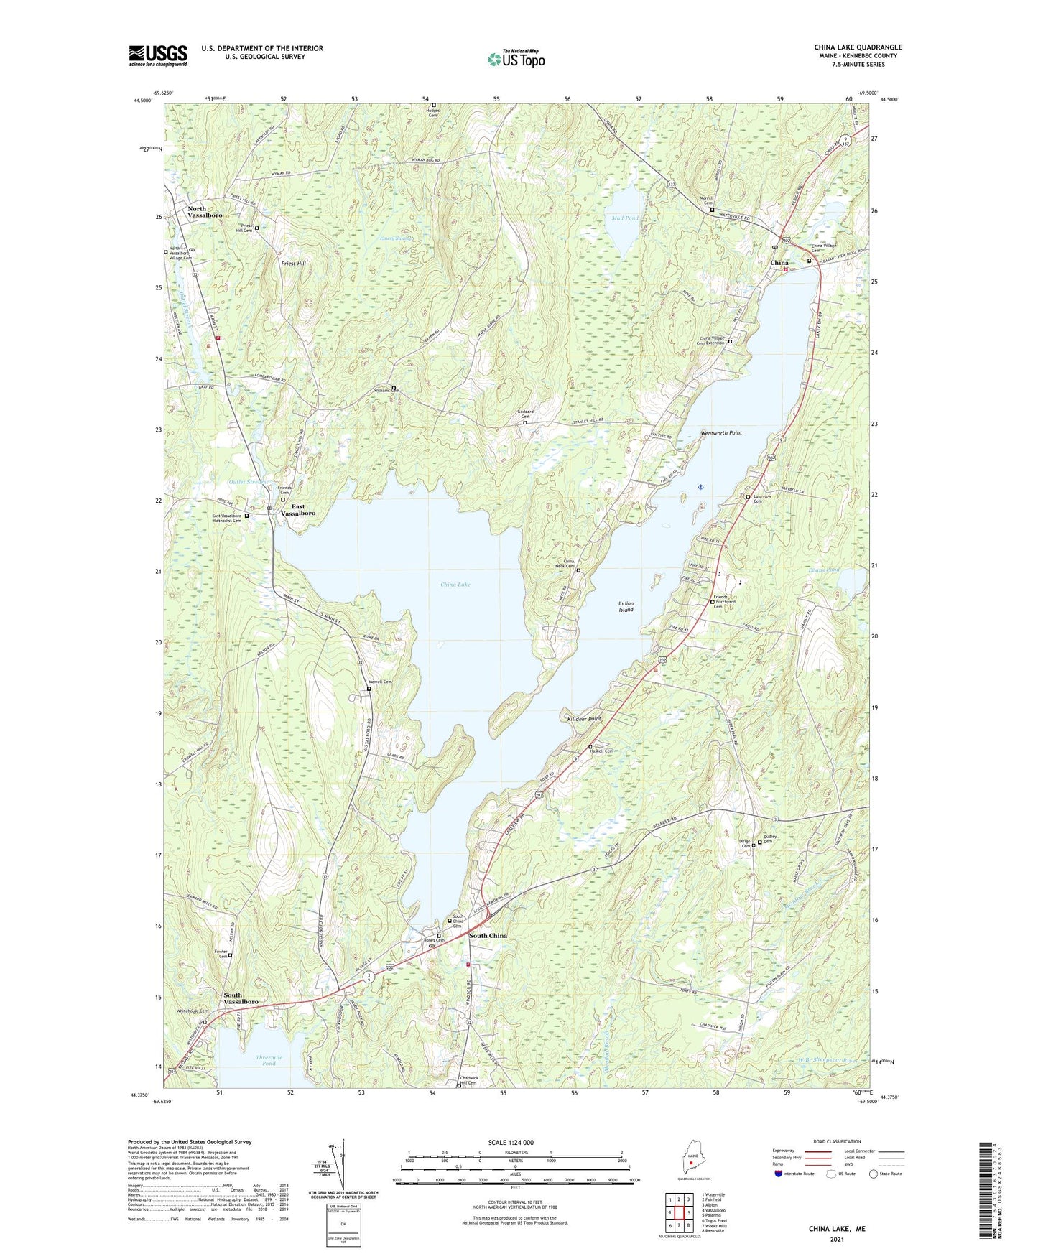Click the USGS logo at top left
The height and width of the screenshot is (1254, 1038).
(158, 55)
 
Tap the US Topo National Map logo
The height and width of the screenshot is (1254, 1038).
(516, 58)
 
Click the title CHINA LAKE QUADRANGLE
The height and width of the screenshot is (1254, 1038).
(858, 47)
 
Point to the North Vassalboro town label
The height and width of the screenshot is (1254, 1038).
(205, 212)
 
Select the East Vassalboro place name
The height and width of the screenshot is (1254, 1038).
(297, 510)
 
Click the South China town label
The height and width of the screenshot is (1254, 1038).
(488, 935)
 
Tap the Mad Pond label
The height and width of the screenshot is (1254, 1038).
(624, 218)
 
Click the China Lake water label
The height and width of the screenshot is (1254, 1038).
(455, 585)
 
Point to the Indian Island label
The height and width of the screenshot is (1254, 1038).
(626, 607)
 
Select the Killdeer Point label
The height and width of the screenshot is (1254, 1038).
(584, 719)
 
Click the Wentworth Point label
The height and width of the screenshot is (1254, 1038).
(721, 433)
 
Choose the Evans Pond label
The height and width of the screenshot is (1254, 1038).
(823, 570)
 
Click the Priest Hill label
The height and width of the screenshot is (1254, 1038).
(293, 264)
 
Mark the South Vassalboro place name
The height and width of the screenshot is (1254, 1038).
(241, 998)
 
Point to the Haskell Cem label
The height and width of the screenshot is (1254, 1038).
(603, 751)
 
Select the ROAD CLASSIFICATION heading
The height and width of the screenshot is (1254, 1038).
(837, 1141)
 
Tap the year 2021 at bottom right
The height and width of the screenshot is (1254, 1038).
(837, 1240)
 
